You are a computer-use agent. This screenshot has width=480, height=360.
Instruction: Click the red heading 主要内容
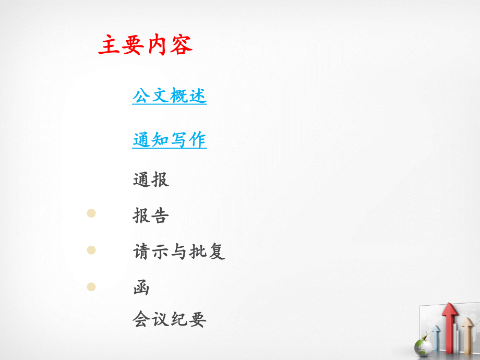click(x=145, y=45)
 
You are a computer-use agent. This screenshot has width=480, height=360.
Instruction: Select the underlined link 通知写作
click(x=170, y=139)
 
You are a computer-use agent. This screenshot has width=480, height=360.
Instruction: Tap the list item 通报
click(x=151, y=180)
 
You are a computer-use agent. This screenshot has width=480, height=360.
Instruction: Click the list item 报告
click(x=151, y=215)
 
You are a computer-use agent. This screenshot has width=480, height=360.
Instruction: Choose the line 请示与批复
click(x=179, y=251)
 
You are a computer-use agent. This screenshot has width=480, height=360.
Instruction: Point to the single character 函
click(x=141, y=287)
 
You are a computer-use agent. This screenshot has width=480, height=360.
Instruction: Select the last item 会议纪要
click(x=170, y=319)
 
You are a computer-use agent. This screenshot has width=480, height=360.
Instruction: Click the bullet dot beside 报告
click(x=91, y=213)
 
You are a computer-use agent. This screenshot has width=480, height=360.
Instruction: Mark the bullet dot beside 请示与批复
click(x=91, y=250)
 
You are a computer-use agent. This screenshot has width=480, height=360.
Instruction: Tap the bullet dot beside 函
click(x=91, y=286)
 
